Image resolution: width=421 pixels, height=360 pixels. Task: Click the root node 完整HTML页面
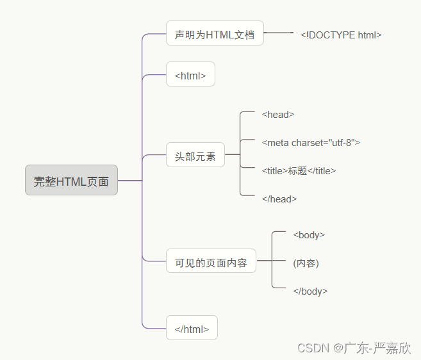[x=71, y=181]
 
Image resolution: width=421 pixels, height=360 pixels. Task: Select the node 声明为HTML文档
[x=215, y=34]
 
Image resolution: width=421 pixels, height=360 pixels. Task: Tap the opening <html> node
[x=190, y=75]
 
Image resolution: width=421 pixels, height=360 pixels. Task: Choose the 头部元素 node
[x=195, y=155]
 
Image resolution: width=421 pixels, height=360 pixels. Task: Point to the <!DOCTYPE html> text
[x=341, y=35]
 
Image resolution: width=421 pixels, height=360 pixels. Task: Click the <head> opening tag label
[x=278, y=115]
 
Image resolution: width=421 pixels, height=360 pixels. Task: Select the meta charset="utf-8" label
[x=311, y=142]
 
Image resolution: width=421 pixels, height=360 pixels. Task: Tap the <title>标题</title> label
[x=299, y=170]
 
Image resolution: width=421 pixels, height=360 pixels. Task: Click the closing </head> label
[x=279, y=199]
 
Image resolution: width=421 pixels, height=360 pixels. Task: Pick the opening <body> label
[x=309, y=235]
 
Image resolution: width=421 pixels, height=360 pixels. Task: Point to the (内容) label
[x=306, y=263]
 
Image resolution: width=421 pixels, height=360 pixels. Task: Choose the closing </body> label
[x=310, y=291]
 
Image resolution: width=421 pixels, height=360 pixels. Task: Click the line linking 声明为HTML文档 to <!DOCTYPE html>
[x=278, y=32]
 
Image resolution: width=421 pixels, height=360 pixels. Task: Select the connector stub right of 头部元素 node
[x=232, y=154]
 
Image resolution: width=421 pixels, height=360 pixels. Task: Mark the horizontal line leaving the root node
[x=129, y=181]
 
